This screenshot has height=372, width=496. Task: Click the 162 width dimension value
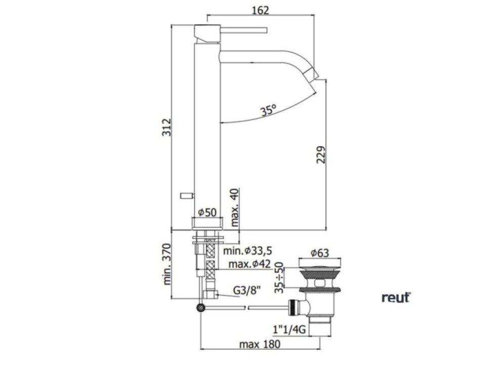[x=260, y=10]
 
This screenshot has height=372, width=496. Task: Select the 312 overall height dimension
[x=167, y=127]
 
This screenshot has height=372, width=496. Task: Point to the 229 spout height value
[x=321, y=154]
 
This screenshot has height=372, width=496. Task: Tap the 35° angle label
[x=268, y=110]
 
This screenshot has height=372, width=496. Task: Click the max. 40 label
[x=234, y=208]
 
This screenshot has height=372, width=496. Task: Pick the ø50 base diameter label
[x=207, y=212]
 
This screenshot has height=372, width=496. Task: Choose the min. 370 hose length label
[x=167, y=264]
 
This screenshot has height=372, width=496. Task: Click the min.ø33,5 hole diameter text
[x=247, y=251]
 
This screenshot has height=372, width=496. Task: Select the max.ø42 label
[x=250, y=264]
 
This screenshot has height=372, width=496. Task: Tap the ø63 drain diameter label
[x=319, y=253]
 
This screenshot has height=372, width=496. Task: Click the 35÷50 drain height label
[x=279, y=277]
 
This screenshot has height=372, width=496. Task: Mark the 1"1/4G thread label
[x=289, y=329]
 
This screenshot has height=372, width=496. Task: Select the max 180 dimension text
[x=260, y=344]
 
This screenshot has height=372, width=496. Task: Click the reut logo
[x=396, y=298]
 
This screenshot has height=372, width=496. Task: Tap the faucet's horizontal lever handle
[x=244, y=30]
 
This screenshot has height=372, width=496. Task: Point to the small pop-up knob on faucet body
[x=187, y=196]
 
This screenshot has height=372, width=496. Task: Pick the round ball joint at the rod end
[x=200, y=308]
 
